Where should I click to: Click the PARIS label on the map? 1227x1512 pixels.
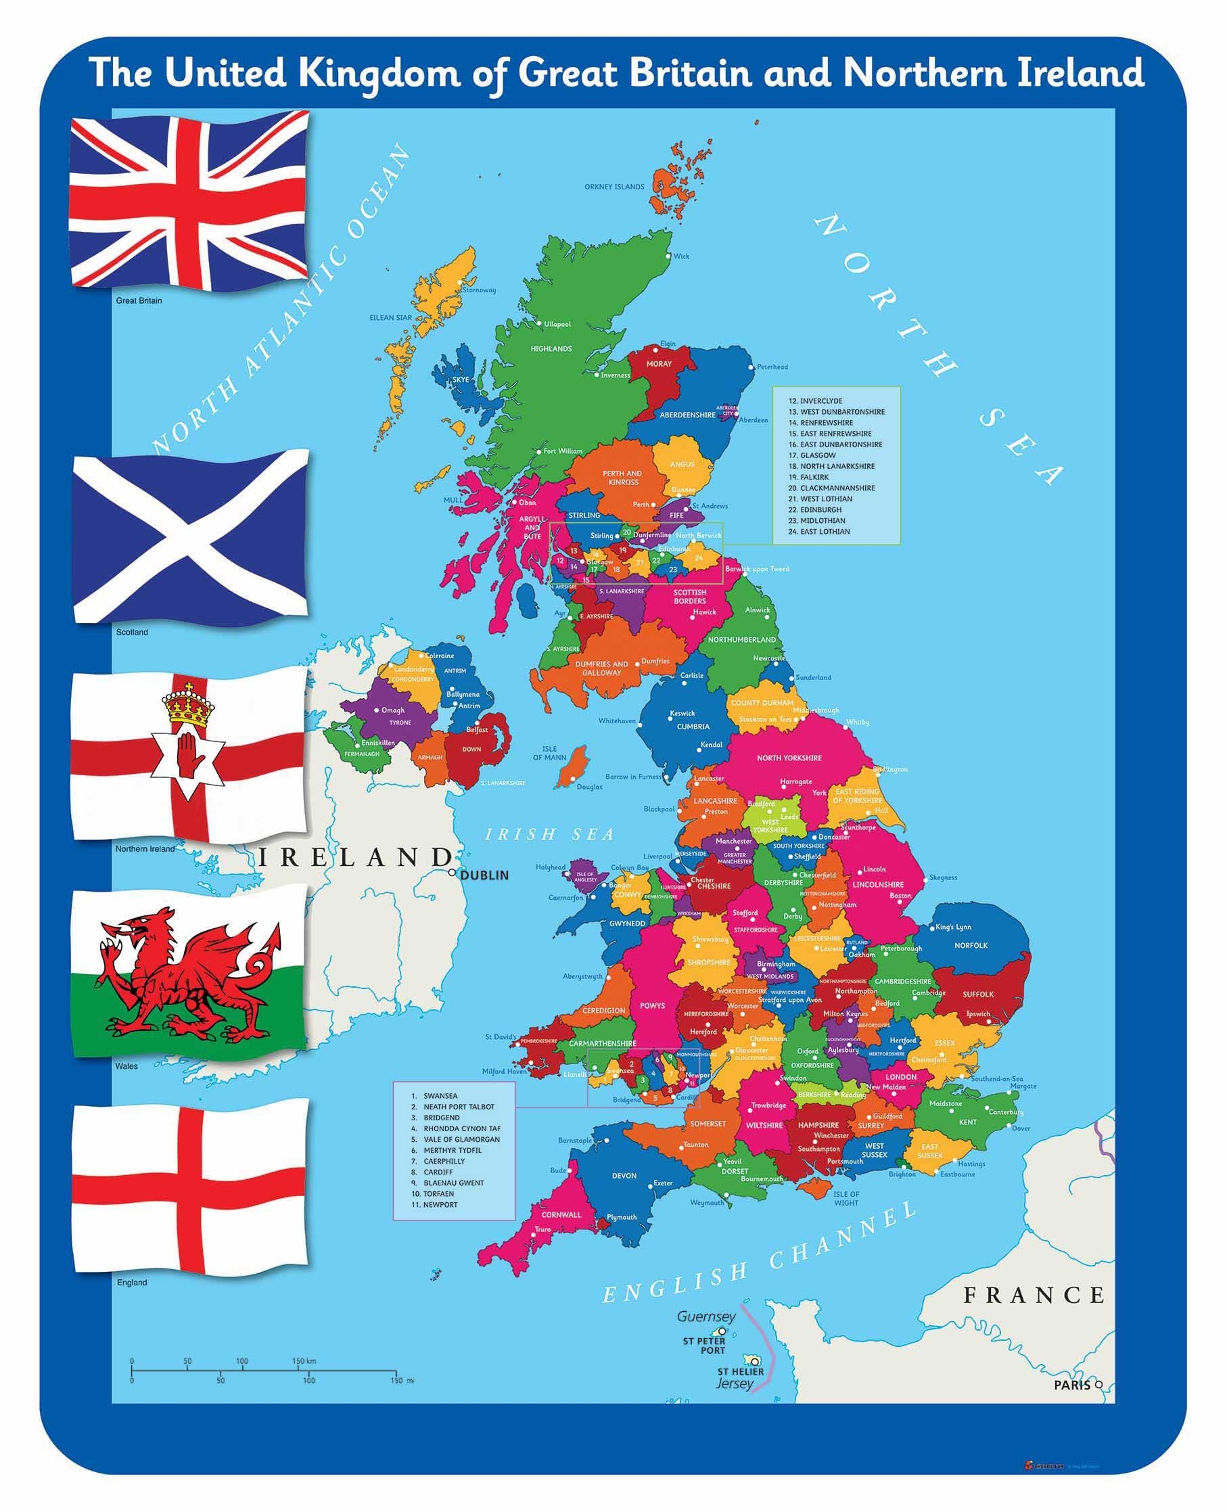[1071, 1385]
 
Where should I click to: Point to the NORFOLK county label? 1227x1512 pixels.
[971, 945]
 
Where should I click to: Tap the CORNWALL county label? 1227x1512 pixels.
[561, 1214]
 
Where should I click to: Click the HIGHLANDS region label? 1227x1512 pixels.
[551, 348]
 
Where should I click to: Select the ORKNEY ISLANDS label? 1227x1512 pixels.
[614, 187]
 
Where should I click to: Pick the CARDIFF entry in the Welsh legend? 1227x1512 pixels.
[439, 1172]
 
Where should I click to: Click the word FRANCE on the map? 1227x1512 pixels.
[1034, 1295]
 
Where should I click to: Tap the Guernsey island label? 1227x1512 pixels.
[706, 1316]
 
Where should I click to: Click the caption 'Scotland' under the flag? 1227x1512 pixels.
[132, 632]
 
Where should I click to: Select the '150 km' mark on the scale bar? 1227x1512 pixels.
[304, 1360]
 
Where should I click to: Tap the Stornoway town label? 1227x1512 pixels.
[478, 290]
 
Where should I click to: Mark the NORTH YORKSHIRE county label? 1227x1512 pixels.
[789, 758]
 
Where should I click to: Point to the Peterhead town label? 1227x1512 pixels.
[772, 367]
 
